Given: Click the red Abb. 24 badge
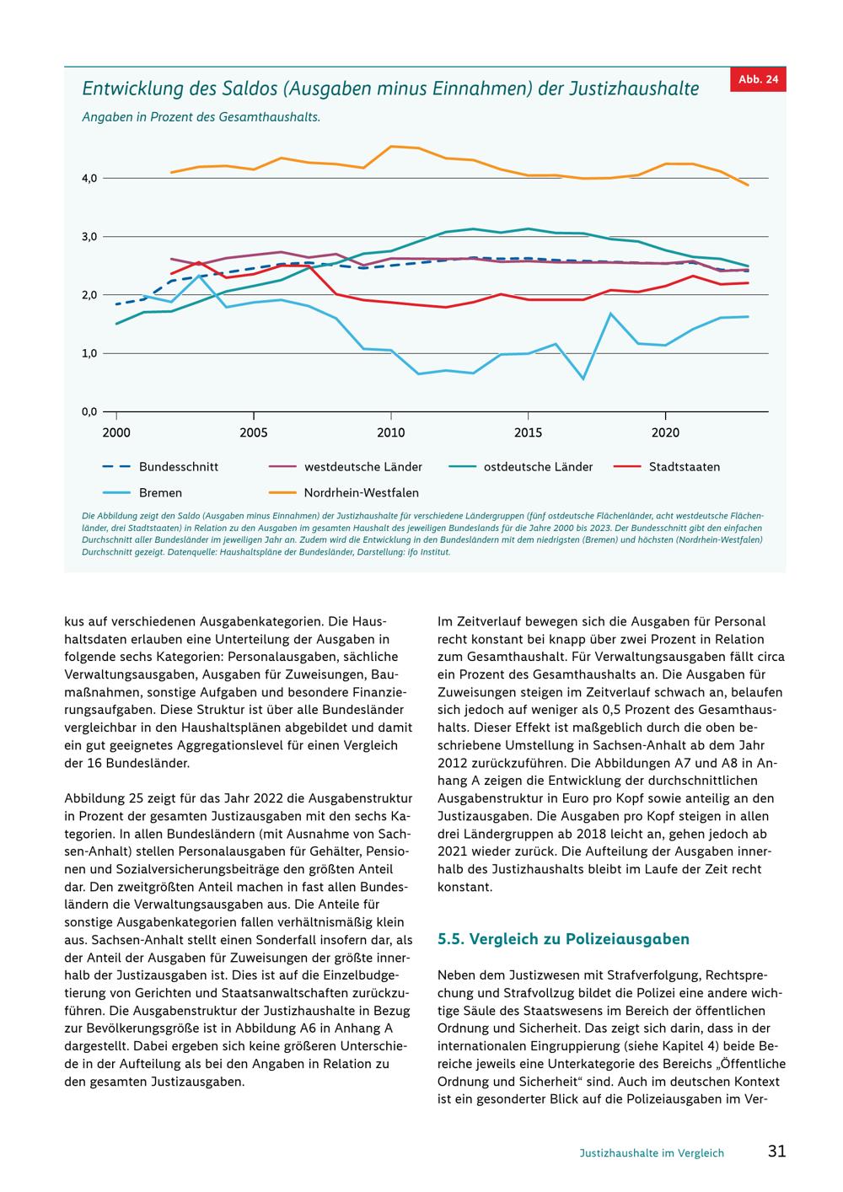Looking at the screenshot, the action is tap(758, 80).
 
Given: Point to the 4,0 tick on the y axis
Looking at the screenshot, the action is tap(89, 178).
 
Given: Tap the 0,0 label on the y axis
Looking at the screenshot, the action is tap(89, 411).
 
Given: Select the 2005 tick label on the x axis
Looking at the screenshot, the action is tap(254, 432).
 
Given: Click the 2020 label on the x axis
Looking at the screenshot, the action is tap(665, 432).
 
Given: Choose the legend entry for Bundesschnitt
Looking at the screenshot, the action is tap(160, 467).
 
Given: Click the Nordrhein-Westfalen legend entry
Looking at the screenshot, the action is tap(344, 493).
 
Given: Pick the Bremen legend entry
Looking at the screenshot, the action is tap(142, 493).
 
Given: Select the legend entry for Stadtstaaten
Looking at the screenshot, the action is tap(667, 467).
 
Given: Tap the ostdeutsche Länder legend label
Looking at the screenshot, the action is tap(538, 467).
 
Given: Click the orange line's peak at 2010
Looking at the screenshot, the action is tap(391, 147).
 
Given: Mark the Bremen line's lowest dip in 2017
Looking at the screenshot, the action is tap(583, 379).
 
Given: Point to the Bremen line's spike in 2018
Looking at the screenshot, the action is tap(611, 314).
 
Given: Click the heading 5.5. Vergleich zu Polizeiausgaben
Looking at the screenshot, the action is tap(563, 939).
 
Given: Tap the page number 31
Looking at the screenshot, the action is tap(777, 1151).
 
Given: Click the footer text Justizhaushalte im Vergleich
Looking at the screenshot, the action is tap(652, 1152).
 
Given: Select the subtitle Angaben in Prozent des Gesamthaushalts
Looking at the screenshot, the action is tap(201, 117).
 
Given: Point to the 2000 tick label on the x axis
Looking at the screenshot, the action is tap(116, 432).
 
